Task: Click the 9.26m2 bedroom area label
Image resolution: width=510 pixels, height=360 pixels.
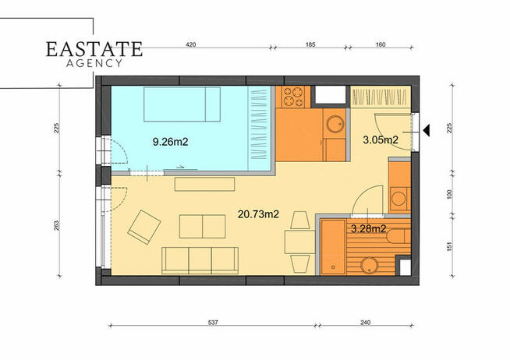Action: click(x=171, y=142)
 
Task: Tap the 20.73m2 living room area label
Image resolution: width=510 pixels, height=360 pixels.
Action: click(x=258, y=214)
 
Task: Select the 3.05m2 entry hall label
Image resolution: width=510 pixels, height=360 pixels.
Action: click(x=381, y=140)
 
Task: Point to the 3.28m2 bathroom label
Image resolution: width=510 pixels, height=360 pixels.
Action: click(x=369, y=229)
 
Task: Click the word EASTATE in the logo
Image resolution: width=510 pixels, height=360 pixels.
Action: click(x=94, y=49)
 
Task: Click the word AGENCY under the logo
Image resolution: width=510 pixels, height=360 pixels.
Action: click(x=94, y=63)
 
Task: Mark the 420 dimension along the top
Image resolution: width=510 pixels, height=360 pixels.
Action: click(x=190, y=44)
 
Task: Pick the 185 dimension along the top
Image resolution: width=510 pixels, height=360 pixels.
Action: click(x=310, y=44)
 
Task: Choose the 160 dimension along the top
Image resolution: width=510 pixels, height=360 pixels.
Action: click(x=381, y=44)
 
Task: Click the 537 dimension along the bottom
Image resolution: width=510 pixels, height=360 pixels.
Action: click(x=213, y=323)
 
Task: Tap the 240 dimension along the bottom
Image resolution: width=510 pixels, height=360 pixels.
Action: click(x=366, y=323)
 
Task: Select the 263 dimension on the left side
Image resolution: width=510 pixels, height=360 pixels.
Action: click(x=56, y=225)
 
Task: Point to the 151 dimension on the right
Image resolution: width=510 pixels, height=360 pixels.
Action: click(x=449, y=246)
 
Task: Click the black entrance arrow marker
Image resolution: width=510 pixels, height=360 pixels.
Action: click(x=427, y=131)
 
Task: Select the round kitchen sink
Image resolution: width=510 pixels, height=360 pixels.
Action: click(x=335, y=123)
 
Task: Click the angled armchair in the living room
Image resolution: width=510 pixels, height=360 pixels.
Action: click(x=144, y=227)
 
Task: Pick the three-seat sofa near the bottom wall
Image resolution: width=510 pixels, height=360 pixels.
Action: click(x=200, y=260)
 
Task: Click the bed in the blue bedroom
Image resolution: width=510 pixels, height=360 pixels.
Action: click(x=182, y=104)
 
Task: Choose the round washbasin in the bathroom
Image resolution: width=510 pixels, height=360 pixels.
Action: click(x=370, y=266)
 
